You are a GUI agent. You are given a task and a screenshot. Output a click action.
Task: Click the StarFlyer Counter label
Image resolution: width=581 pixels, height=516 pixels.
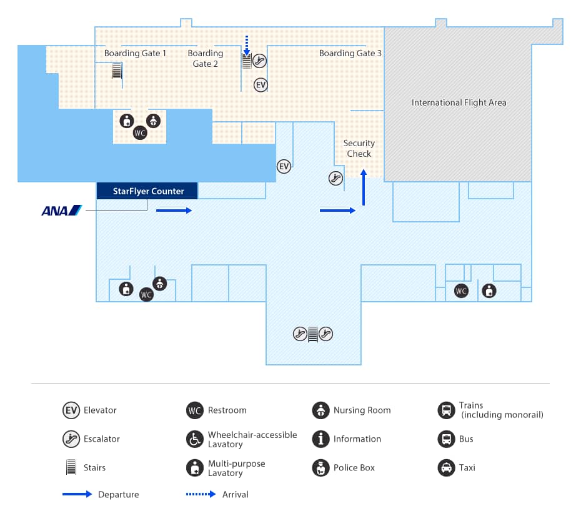(148, 191)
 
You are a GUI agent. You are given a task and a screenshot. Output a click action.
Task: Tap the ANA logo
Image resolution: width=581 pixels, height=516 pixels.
(61, 211)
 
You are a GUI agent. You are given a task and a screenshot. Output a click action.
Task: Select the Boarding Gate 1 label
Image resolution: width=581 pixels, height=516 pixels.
(135, 53)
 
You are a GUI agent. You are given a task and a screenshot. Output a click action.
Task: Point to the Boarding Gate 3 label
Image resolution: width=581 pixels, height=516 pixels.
(350, 53)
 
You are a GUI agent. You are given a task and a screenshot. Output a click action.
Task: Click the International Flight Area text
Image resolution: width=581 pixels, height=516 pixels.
(459, 102)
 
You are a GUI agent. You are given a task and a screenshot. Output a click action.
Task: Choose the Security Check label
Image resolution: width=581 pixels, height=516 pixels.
(359, 148)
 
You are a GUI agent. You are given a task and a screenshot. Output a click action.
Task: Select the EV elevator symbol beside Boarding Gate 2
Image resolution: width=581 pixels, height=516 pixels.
(261, 85)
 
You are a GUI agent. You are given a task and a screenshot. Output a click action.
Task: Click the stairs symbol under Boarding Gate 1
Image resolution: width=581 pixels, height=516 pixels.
(116, 71)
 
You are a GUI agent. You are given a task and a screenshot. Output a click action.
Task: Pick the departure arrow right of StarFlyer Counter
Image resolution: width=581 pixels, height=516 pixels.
(174, 211)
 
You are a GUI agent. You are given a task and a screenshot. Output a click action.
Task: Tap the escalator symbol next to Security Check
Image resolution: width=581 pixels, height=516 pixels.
(336, 179)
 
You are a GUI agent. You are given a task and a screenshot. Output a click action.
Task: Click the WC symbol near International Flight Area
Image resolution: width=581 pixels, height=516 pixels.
(461, 290)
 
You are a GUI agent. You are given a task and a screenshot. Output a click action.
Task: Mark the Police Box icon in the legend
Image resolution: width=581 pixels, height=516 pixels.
(320, 467)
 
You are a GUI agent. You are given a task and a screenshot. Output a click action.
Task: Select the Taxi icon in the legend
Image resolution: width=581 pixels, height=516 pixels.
(446, 467)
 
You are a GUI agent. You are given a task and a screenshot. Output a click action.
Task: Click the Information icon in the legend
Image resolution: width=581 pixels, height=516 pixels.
(320, 439)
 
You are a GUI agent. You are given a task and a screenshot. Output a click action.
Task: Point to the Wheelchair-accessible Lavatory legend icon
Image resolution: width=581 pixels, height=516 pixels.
(195, 439)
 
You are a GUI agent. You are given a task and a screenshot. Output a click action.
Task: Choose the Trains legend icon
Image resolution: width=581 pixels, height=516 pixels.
(446, 410)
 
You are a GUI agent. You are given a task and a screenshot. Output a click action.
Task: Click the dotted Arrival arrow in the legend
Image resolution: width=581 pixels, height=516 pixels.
(201, 494)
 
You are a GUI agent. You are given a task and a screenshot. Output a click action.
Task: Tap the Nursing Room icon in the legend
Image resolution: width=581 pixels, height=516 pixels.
(320, 410)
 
